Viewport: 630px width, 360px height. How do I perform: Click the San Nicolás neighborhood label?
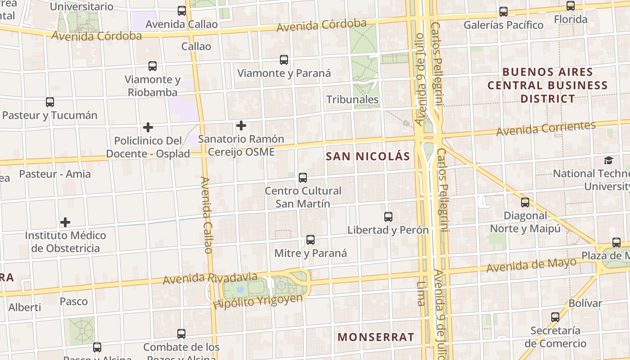(x=368, y=156)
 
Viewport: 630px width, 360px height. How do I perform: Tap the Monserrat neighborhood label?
(x=376, y=337)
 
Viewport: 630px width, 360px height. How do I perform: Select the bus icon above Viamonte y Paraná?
(x=284, y=60)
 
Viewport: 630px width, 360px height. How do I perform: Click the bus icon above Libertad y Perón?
(x=388, y=217)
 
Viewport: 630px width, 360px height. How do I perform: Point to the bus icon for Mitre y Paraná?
(x=310, y=240)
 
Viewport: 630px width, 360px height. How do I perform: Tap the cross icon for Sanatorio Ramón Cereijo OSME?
(x=241, y=126)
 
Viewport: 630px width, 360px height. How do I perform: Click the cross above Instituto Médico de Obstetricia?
(x=65, y=222)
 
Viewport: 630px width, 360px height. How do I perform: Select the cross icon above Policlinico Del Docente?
(x=148, y=127)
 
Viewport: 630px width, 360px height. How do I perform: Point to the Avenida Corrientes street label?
(x=545, y=128)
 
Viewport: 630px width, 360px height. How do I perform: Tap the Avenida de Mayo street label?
(x=531, y=265)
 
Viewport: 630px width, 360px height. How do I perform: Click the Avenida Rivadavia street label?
(x=210, y=278)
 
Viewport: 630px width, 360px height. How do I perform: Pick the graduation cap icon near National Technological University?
(x=608, y=161)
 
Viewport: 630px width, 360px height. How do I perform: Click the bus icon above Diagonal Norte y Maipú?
(x=525, y=202)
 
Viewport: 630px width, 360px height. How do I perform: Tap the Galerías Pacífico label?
(x=504, y=25)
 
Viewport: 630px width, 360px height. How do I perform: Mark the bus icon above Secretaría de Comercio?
(x=555, y=317)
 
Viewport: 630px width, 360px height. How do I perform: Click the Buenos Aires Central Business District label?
(x=548, y=85)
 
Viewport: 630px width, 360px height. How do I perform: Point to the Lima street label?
(x=421, y=293)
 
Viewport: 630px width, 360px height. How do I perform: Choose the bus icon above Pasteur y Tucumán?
(x=50, y=102)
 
